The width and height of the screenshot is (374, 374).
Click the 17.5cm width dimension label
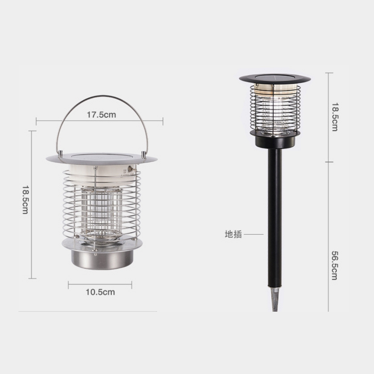101,115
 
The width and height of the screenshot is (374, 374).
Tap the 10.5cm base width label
100,292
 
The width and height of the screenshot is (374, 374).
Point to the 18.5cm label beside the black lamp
334,117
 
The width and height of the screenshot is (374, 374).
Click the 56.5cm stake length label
334,265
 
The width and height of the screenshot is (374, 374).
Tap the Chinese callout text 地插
233,234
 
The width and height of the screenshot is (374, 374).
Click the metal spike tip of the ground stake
274,299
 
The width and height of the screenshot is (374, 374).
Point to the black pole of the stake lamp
274,218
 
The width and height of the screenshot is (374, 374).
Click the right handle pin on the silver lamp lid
143,154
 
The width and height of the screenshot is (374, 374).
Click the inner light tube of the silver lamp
101,212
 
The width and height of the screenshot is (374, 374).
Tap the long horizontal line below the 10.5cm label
87,311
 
